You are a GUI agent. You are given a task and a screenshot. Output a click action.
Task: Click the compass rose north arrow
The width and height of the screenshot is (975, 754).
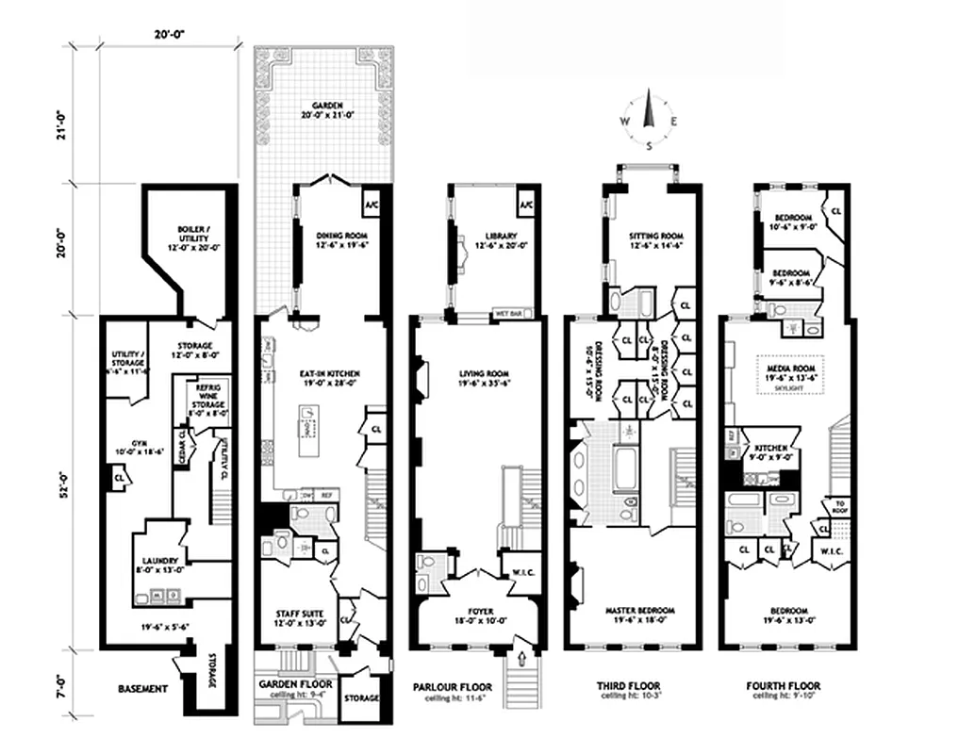point(649,114)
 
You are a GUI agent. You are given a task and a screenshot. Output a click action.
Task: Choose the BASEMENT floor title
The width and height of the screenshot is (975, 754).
point(143,689)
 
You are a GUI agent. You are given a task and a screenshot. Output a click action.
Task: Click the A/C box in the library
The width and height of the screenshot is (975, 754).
point(524,205)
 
